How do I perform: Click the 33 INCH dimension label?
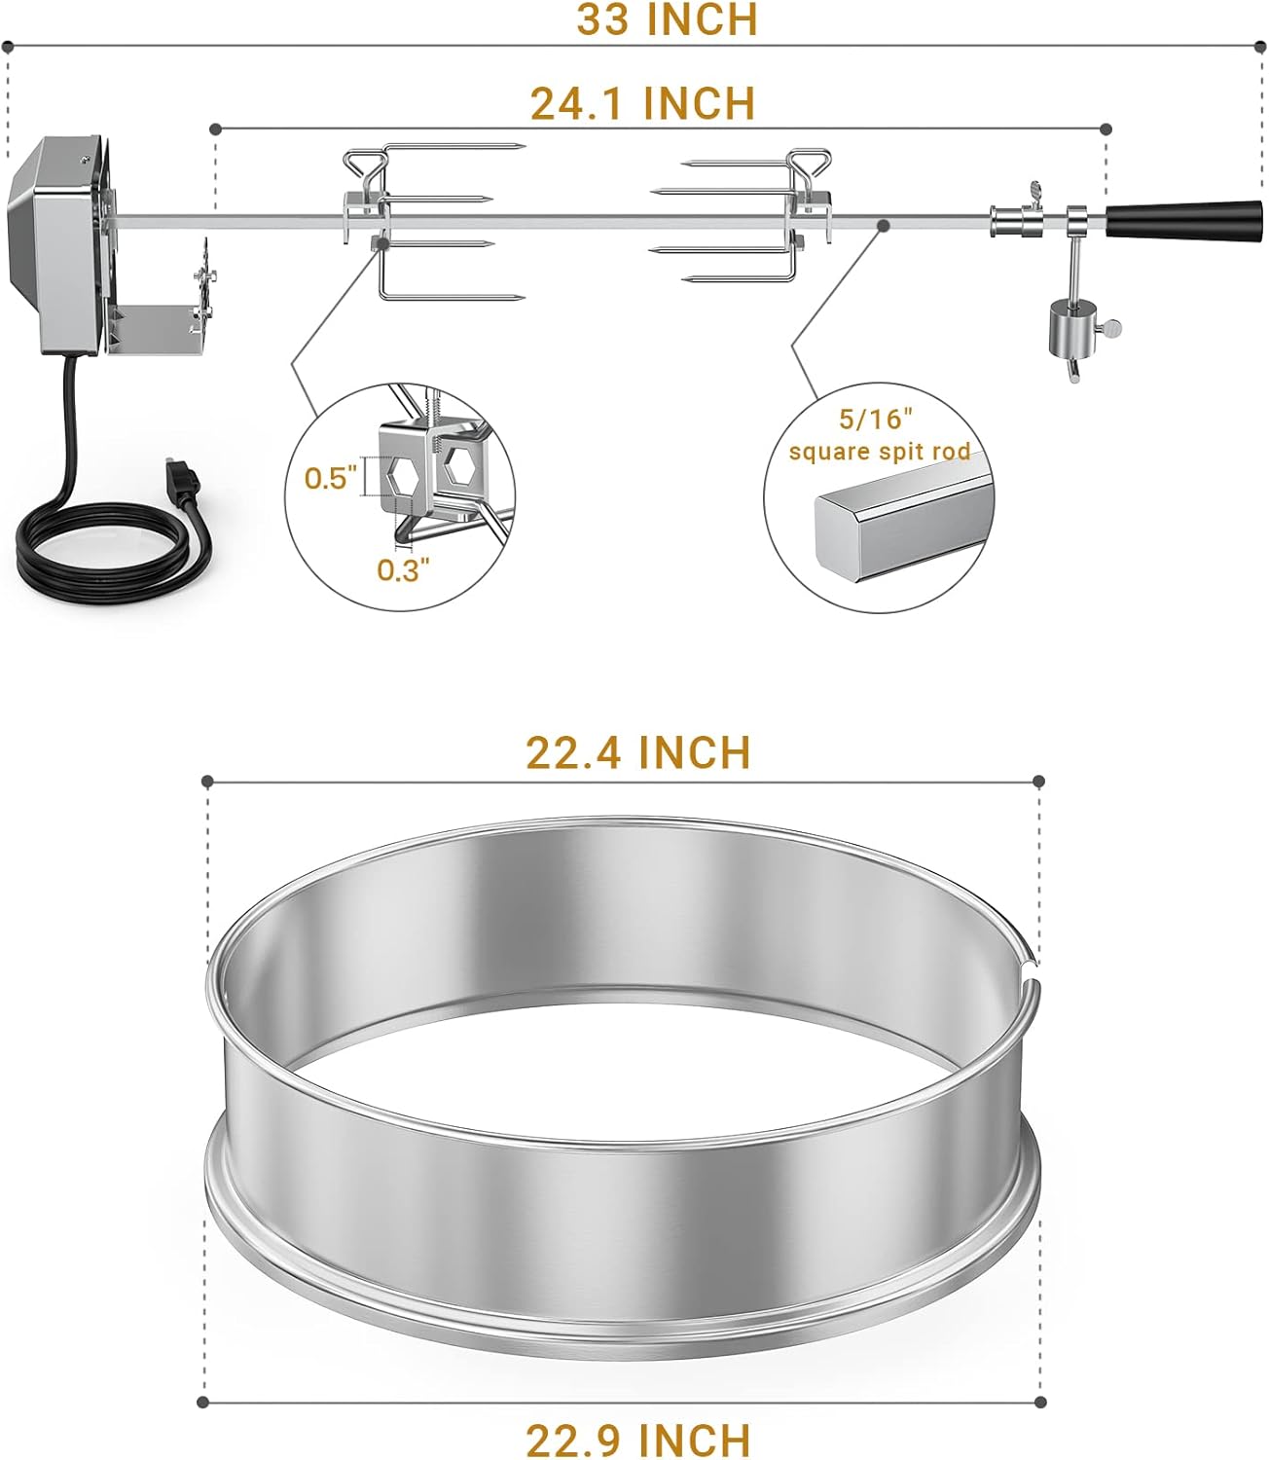[x=667, y=19]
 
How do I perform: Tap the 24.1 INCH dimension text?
[x=642, y=103]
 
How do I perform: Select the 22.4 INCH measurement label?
[x=638, y=752]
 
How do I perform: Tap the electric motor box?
[x=54, y=243]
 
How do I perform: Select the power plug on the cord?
[x=184, y=479]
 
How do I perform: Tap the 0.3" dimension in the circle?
[x=403, y=570]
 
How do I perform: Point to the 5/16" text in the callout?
[x=877, y=420]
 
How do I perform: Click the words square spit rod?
[x=880, y=452]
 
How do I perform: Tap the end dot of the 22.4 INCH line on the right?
[x=1039, y=781]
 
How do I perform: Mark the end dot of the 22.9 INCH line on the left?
[x=203, y=1402]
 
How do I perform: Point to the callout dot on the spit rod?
[x=884, y=226]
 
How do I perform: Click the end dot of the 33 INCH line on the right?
[x=1260, y=45]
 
